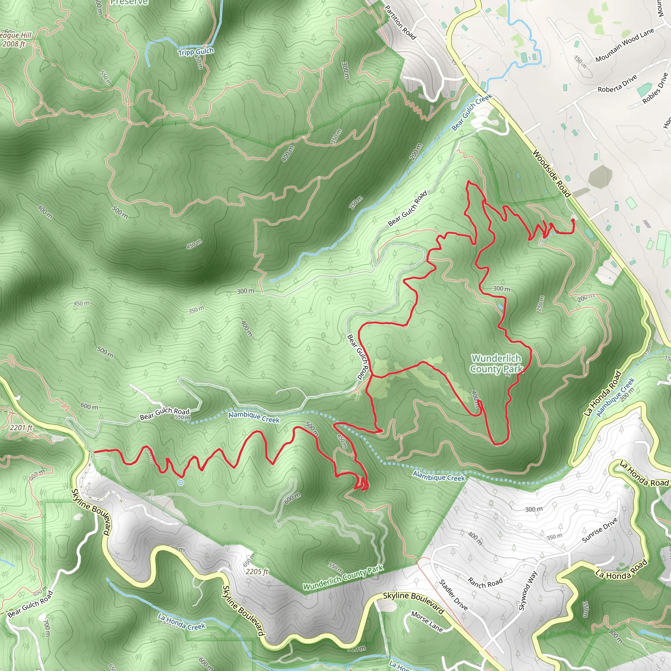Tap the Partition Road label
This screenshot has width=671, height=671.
pyautogui.click(x=400, y=23)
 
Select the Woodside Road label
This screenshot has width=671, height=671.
pyautogui.click(x=551, y=174)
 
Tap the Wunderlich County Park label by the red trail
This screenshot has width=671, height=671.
pyautogui.click(x=496, y=364)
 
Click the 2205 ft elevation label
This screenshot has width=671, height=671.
pyautogui.click(x=257, y=572)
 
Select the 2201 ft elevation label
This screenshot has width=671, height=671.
pyautogui.click(x=21, y=428)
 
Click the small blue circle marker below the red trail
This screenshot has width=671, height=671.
pyautogui.click(x=181, y=482)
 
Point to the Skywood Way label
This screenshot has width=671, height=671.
pyautogui.click(x=527, y=590)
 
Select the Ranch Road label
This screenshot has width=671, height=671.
pyautogui.click(x=485, y=583)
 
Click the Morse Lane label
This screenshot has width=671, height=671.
pyautogui.click(x=427, y=622)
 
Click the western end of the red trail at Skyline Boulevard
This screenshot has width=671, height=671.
pyautogui.click(x=94, y=451)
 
